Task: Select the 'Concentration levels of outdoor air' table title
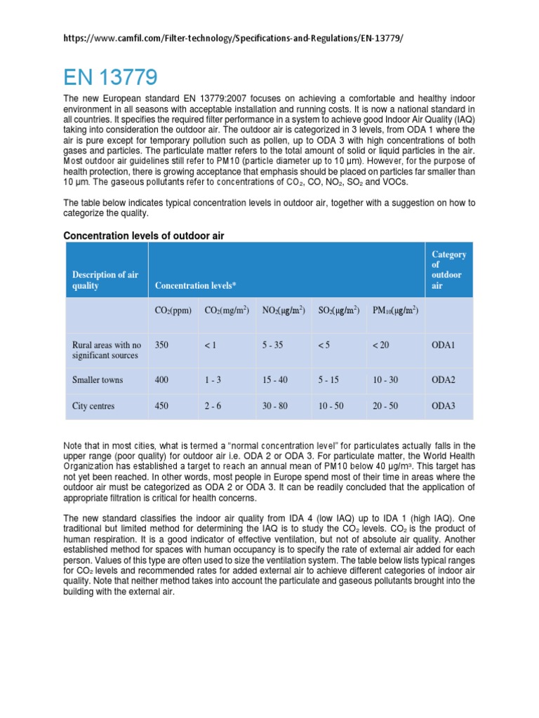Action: click(x=143, y=236)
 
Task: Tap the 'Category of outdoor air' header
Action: click(x=448, y=270)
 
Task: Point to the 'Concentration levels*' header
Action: click(x=195, y=286)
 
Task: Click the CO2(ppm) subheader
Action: click(x=173, y=310)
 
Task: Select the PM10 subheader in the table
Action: click(x=395, y=310)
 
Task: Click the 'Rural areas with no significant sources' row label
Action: click(x=107, y=350)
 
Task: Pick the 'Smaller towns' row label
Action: click(x=98, y=380)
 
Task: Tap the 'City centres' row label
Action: click(x=94, y=405)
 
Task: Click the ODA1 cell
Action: click(x=444, y=345)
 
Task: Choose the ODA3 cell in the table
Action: click(x=444, y=405)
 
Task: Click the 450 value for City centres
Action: click(x=162, y=405)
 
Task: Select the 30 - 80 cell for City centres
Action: click(x=274, y=405)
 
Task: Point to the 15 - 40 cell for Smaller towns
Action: click(x=274, y=380)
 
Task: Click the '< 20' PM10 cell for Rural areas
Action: click(x=380, y=345)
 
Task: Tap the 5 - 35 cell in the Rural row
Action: click(x=272, y=345)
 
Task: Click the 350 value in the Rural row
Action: click(x=162, y=345)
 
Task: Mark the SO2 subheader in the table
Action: click(x=338, y=310)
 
